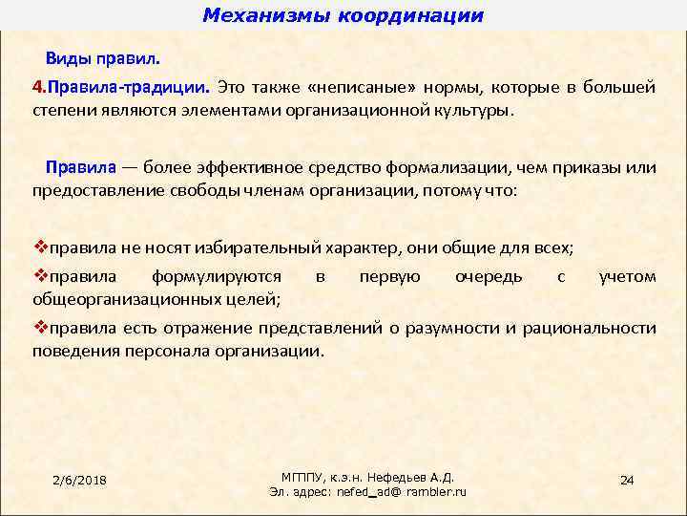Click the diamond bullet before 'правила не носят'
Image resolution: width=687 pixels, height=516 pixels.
(40, 247)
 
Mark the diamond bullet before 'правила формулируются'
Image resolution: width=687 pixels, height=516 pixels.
(40, 277)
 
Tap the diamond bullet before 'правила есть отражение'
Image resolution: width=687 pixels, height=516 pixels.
(40, 329)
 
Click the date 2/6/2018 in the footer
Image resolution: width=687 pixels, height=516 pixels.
(79, 479)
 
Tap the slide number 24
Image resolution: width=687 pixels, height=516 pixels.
(627, 479)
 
